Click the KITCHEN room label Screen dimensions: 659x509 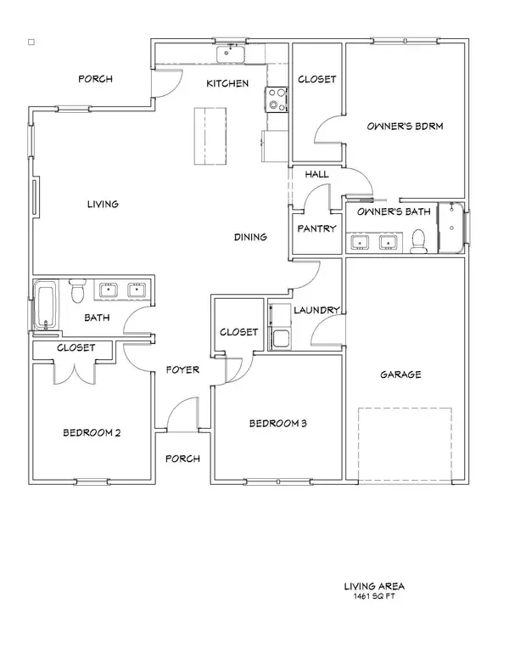[x=228, y=83]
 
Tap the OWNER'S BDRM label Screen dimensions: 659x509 [x=406, y=127]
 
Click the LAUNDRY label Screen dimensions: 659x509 [x=318, y=310]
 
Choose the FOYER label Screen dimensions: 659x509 [x=182, y=369]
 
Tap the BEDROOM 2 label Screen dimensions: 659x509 [x=92, y=432]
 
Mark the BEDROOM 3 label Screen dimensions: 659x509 [x=277, y=423]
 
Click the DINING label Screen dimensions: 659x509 [x=250, y=238]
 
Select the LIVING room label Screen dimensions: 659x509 [x=102, y=204]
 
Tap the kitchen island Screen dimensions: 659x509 [x=211, y=137]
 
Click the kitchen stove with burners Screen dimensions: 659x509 [x=277, y=100]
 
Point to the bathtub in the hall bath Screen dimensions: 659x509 [x=47, y=307]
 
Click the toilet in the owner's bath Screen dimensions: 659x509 [x=417, y=244]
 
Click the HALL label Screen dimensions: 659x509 [x=316, y=174]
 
